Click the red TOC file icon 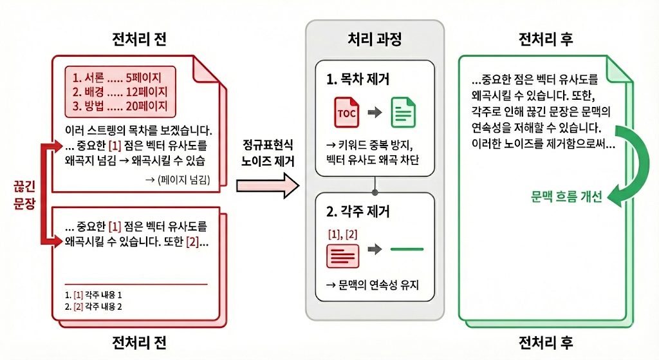tap(345, 113)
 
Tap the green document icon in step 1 tap(404, 113)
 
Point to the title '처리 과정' tap(375, 40)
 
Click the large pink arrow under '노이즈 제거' tap(268, 186)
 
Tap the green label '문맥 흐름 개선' tap(567, 197)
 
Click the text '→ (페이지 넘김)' tap(178, 179)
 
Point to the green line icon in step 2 tap(407, 249)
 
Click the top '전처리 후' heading tap(546, 40)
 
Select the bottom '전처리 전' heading tap(139, 341)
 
